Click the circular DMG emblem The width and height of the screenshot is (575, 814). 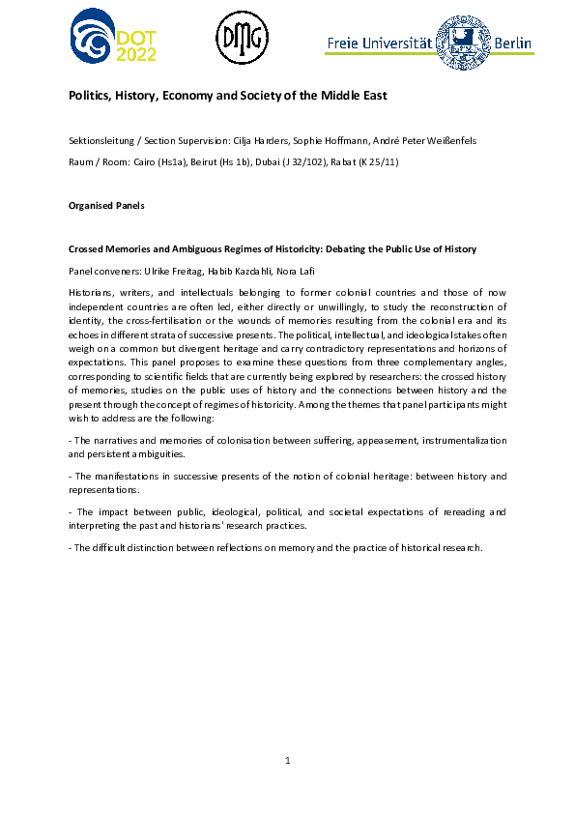point(241,40)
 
